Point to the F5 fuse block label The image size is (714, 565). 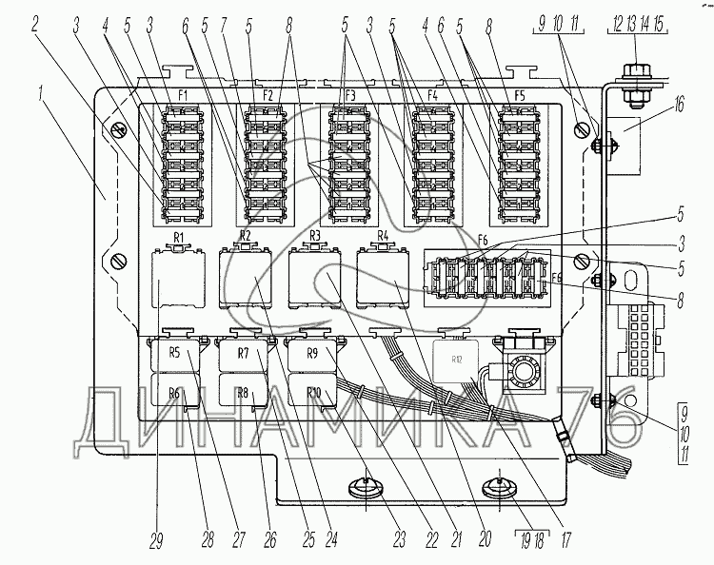[x=519, y=96]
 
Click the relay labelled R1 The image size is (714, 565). [x=177, y=276]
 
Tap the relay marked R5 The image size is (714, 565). [x=175, y=354]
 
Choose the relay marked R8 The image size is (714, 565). [x=243, y=393]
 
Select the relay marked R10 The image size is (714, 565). [x=312, y=393]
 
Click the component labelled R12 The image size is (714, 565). [x=458, y=360]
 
